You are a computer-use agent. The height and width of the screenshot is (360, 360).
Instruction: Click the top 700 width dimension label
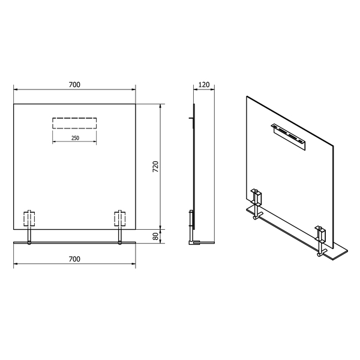coord(74,85)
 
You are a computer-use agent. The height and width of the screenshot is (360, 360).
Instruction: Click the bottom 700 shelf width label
coord(74,259)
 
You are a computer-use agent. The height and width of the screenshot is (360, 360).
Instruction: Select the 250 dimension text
coord(75,138)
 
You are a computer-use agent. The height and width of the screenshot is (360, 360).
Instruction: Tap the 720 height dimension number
coord(155,167)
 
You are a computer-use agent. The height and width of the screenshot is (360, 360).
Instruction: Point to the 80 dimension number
coord(155,236)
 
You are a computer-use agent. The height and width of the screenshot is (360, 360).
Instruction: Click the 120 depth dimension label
coord(204,85)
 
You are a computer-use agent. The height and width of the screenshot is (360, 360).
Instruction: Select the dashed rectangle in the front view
coord(74,123)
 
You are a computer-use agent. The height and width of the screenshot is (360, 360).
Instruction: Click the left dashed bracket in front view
coord(29,219)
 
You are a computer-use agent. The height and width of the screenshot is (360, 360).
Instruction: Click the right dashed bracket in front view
coord(120,219)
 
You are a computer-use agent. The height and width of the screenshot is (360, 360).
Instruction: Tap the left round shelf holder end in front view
coord(29,243)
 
